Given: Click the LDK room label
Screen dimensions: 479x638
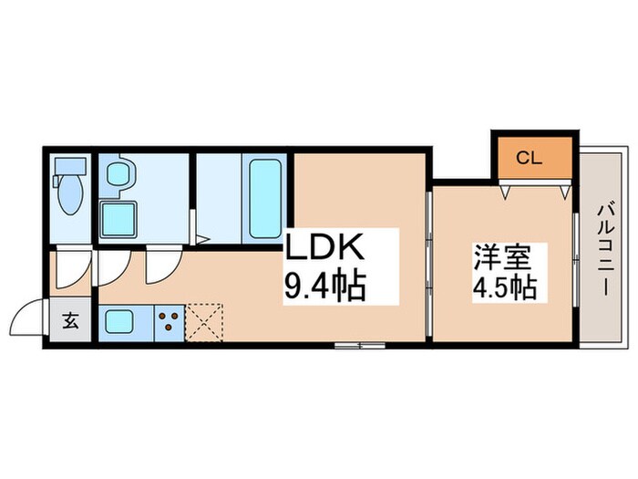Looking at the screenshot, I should [x=326, y=247].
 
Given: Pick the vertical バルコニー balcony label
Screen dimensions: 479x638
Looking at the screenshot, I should [x=604, y=246].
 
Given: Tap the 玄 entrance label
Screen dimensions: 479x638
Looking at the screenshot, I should [x=70, y=320].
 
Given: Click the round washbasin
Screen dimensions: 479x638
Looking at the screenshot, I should [x=119, y=173].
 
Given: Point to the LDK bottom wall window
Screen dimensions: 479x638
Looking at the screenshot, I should [x=360, y=345].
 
